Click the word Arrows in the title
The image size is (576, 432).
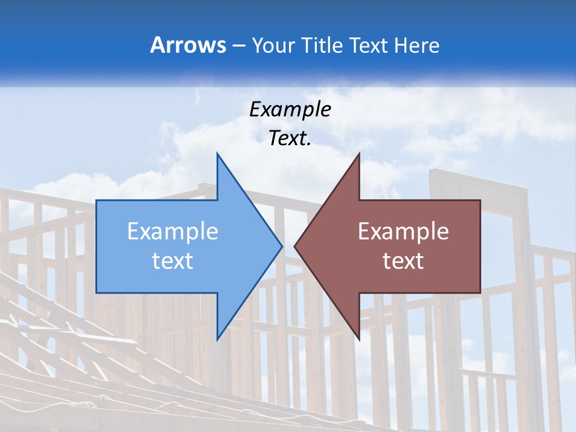188,45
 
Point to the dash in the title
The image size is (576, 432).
238,46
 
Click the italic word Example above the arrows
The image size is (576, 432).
290,110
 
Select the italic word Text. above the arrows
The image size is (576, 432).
290,139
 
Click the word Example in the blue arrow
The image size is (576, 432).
172,232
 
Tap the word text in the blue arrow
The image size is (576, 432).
172,260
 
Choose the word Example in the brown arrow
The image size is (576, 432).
403,232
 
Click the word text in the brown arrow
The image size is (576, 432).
403,260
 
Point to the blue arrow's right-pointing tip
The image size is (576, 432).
281,246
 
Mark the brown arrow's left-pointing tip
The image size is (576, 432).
295,246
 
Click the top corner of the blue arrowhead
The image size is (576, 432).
217,154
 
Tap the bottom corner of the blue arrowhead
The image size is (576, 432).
217,339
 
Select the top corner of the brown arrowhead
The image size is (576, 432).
359,154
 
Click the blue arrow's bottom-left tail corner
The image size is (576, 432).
97,292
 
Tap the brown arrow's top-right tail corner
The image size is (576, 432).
480,201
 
